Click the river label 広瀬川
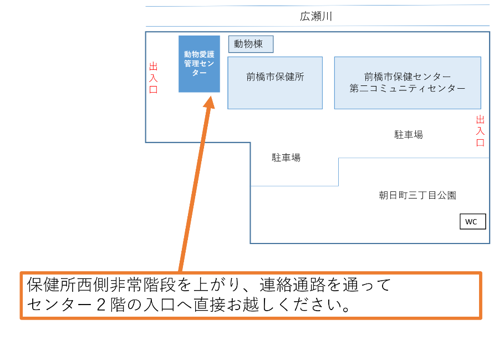point(316,17)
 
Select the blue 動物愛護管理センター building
point(199,64)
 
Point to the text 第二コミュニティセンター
point(407,88)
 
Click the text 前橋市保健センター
point(407,77)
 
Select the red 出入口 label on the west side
point(154,78)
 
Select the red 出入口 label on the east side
point(480,131)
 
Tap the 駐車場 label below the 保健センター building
point(409,135)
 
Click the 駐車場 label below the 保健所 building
point(286,158)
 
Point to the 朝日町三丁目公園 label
point(417,195)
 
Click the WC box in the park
point(472,222)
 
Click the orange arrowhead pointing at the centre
point(209,103)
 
